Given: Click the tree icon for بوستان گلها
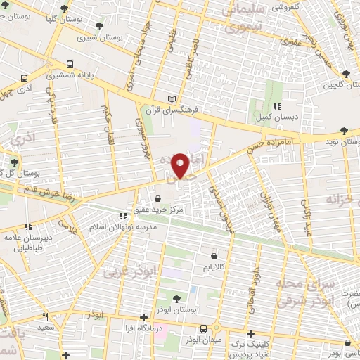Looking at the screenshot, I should pyautogui.click(x=65, y=9).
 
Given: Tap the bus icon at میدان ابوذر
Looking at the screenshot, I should pyautogui.click(x=203, y=328).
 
